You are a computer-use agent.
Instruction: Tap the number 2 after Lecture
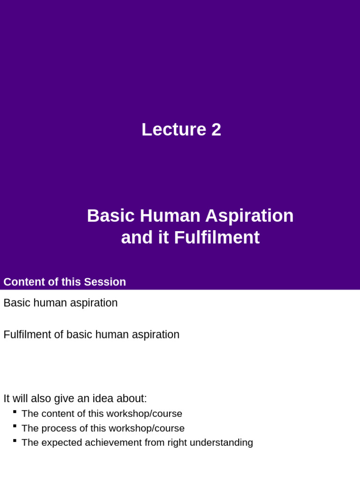coord(216,130)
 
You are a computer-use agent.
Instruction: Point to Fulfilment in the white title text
coord(217,238)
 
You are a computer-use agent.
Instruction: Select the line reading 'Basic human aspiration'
coord(60,303)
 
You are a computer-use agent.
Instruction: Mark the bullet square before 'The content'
coord(15,412)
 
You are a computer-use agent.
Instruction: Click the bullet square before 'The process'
coord(15,426)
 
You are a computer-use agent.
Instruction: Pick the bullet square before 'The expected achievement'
coord(15,441)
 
